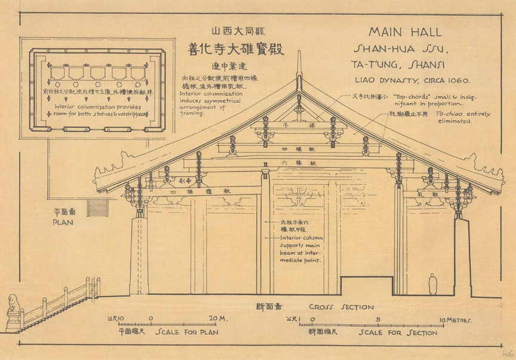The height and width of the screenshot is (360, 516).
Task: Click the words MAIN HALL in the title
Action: (405, 32)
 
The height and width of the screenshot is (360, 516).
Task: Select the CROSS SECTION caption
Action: (341, 308)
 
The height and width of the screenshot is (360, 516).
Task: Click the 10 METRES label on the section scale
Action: (455, 320)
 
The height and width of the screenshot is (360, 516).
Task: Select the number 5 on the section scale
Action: (378, 320)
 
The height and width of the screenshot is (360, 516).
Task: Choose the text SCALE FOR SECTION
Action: (397, 333)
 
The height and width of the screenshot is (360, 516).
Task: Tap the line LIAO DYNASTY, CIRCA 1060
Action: (411, 79)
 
